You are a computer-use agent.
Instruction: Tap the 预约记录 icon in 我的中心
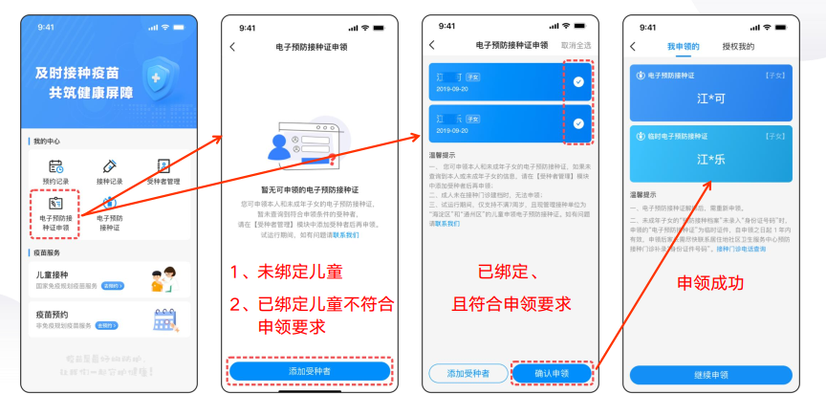[x=55, y=167]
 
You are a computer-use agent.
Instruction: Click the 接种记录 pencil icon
[x=109, y=167]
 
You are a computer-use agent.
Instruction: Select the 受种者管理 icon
[x=163, y=167]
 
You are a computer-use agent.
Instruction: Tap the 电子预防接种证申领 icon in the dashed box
[x=55, y=204]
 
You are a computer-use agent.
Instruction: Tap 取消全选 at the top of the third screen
[x=576, y=46]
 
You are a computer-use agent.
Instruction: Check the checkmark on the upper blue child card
[x=578, y=81]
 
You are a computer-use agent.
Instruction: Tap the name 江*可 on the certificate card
[x=709, y=97]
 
